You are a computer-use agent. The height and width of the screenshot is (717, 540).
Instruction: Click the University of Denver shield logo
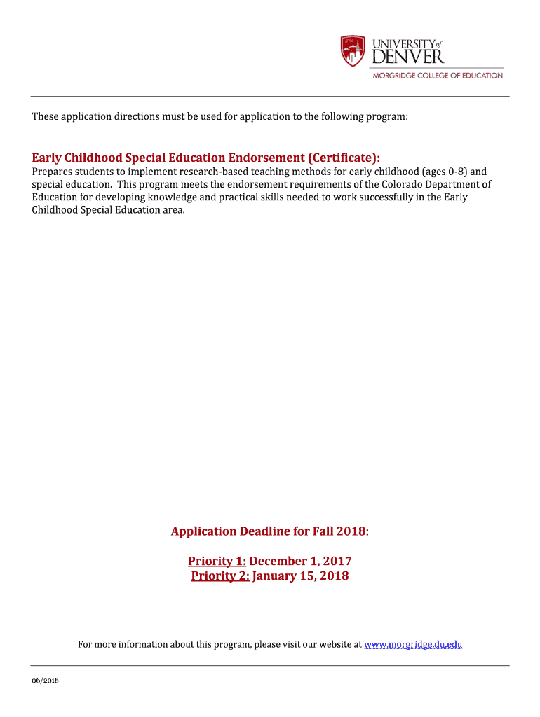tap(353, 51)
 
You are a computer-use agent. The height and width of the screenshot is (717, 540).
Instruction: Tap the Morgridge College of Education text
tap(436, 76)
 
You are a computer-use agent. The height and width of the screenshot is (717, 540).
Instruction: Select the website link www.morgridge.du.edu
tap(413, 644)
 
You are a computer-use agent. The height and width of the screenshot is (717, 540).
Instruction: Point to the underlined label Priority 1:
tap(217, 561)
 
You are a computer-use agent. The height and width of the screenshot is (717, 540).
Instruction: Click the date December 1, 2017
tap(300, 561)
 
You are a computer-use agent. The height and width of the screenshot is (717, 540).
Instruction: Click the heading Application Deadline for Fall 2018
tap(270, 531)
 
